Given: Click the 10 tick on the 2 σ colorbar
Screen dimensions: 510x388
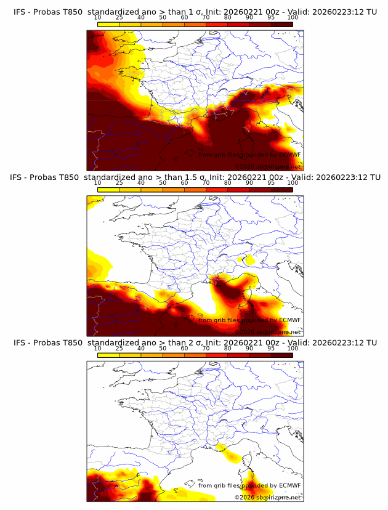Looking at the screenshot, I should click(x=98, y=349).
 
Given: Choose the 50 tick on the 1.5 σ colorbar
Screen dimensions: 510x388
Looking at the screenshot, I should click(x=163, y=184).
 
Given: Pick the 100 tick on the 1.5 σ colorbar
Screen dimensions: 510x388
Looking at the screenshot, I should click(x=293, y=184).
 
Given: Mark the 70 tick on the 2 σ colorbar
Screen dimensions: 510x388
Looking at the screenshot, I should click(x=206, y=349).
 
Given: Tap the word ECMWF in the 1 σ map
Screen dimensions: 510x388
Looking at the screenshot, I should click(x=288, y=155).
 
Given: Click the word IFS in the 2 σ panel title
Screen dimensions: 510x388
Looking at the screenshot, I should click(x=19, y=342).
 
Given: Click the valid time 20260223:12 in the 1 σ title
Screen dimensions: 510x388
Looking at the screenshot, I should click(x=336, y=12).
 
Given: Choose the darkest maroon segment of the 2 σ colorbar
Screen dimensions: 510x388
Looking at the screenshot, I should click(x=281, y=355).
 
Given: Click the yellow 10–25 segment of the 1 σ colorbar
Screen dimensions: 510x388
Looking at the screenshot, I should click(x=109, y=25).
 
